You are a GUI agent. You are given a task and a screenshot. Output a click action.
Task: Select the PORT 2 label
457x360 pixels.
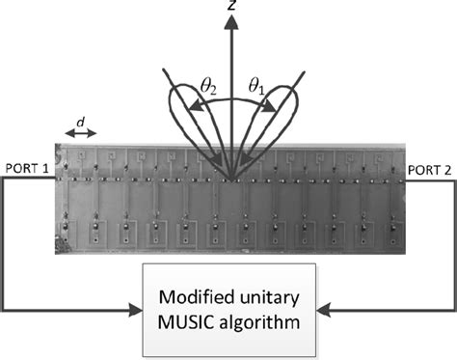coord(431,167)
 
